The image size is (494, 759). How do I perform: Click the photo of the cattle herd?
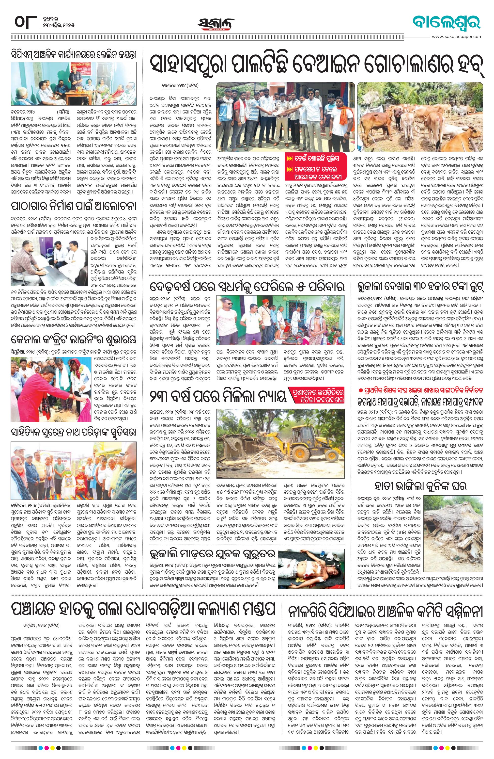[420, 117]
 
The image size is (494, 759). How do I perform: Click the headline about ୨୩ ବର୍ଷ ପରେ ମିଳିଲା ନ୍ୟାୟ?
[217, 398]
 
